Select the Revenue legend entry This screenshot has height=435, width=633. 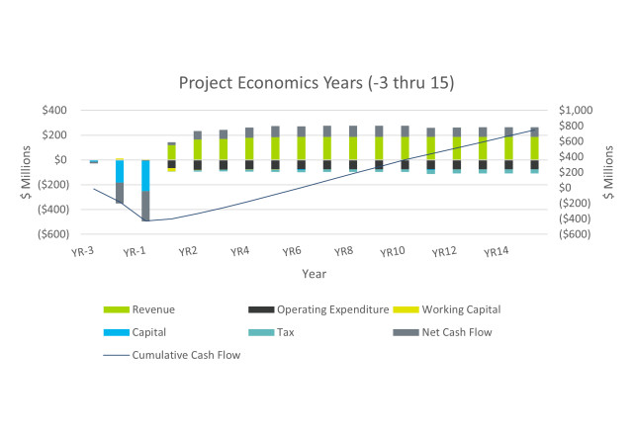click(154, 309)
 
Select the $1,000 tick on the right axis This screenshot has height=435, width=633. click(576, 110)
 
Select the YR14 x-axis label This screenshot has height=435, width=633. click(497, 251)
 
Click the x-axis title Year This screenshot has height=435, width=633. click(315, 274)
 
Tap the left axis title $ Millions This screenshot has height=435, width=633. click(30, 172)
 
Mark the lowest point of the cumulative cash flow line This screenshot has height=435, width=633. click(145, 220)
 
